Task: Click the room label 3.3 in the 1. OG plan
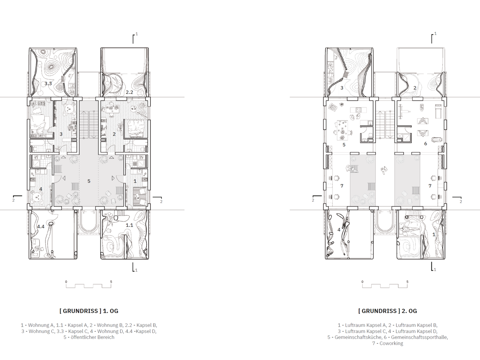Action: (48, 84)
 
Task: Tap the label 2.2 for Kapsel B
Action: (129, 92)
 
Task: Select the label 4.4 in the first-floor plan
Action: (41, 227)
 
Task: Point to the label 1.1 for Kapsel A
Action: (129, 225)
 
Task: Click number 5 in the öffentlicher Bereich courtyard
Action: (89, 181)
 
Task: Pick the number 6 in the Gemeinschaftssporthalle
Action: (425, 144)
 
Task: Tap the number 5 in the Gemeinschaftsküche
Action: (344, 145)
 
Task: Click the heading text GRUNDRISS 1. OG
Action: (89, 311)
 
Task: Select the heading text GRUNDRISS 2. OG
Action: (387, 311)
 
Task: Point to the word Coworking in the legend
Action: (391, 344)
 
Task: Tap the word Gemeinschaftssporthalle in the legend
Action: (419, 337)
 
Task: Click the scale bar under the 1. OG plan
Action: (88, 286)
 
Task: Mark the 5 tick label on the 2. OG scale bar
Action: (407, 282)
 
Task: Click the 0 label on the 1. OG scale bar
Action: (66, 282)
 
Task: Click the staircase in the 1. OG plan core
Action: (88, 125)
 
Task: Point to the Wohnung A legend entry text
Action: (40, 325)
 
